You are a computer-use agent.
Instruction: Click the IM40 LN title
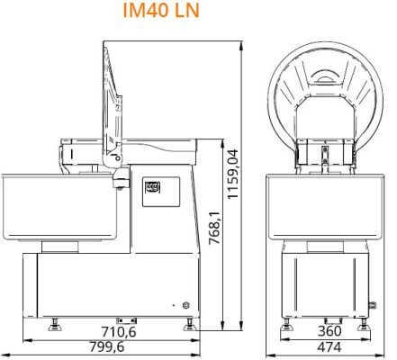(x=161, y=11)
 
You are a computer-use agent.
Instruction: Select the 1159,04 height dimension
(x=232, y=174)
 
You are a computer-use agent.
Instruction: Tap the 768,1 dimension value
(x=214, y=228)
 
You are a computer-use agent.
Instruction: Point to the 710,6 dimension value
(x=119, y=332)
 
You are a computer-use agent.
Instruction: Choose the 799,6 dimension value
(x=107, y=347)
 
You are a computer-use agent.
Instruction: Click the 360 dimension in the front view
(x=329, y=331)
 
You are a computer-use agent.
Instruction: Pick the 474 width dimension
(x=329, y=347)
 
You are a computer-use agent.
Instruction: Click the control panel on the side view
(x=161, y=192)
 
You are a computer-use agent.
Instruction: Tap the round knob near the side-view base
(x=186, y=305)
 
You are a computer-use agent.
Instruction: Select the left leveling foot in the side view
(x=55, y=325)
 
